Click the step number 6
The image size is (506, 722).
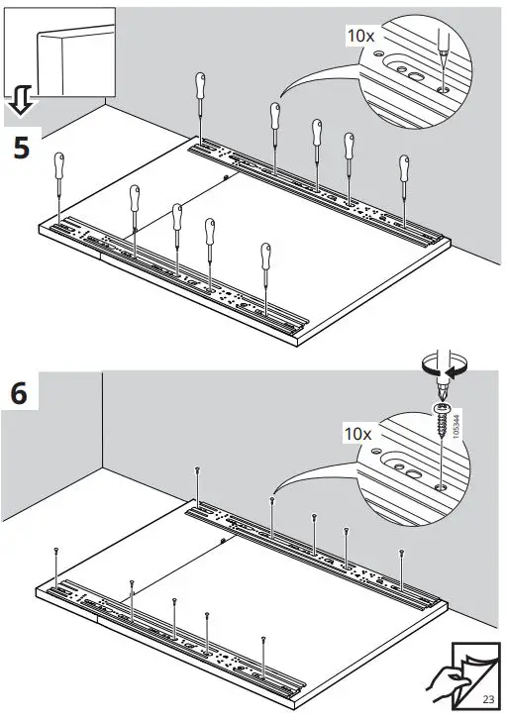pos(21,392)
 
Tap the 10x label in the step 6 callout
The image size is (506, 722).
pos(358,434)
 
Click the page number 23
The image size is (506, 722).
pos(488,699)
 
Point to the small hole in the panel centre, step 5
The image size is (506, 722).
pos(227,177)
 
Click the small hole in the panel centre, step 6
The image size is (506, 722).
pos(225,542)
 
